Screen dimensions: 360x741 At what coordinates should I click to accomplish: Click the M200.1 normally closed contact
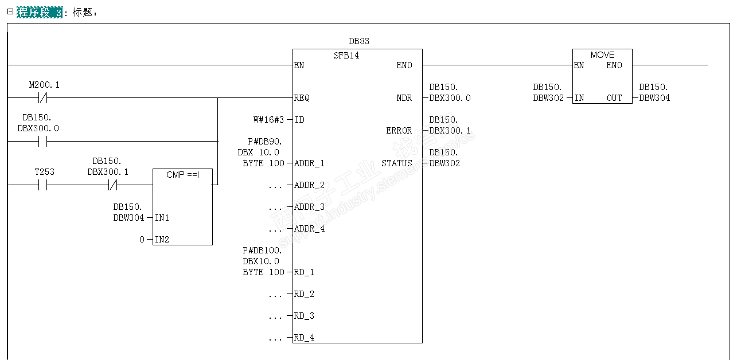coord(42,98)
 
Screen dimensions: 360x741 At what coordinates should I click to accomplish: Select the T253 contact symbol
coord(42,185)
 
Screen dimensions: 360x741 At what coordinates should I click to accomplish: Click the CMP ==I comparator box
coord(182,206)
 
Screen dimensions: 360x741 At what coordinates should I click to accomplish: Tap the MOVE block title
coord(602,55)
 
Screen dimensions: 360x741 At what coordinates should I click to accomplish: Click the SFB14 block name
coord(346,56)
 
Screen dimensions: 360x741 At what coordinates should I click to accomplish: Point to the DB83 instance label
coord(359,41)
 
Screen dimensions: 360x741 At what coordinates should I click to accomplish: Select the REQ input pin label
coord(302,98)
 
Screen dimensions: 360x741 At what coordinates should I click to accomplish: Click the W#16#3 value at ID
coord(269,120)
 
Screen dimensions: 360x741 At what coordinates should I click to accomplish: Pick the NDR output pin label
coord(404,98)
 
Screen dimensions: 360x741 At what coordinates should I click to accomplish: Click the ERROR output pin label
coord(399,131)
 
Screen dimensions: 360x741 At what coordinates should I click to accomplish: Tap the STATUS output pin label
coord(397,163)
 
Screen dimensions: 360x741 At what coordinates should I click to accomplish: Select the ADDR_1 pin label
coord(309,163)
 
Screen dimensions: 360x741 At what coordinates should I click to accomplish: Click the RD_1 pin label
coord(304,272)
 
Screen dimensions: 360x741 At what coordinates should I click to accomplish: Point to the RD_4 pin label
coord(304,338)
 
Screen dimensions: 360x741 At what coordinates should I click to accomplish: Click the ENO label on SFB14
coord(404,65)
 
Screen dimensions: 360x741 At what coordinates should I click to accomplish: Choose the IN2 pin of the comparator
coord(162,240)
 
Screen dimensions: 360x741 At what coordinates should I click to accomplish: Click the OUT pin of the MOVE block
coord(614,98)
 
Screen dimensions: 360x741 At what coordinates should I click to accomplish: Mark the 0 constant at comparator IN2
coord(142,240)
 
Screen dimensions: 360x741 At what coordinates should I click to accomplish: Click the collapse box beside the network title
coord(10,11)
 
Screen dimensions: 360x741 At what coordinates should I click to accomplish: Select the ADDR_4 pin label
coord(309,229)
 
